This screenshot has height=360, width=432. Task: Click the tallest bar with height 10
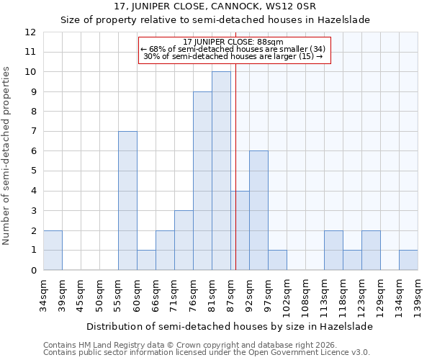(221, 171)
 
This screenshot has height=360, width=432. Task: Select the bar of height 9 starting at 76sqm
(202, 181)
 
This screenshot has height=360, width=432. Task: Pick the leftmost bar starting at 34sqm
(53, 250)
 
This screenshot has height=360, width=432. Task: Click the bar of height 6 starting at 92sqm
(258, 210)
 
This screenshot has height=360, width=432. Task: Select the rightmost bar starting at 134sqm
(408, 260)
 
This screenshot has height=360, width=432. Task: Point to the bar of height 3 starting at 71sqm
(184, 240)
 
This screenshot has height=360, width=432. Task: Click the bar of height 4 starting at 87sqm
(240, 230)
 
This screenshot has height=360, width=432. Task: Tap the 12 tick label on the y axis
(30, 32)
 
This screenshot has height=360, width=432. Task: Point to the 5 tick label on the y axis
(33, 171)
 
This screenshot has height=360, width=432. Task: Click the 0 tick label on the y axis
(33, 271)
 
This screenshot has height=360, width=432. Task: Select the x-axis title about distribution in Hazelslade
(230, 326)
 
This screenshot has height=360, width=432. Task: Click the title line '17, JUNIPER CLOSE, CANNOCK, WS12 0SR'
(216, 6)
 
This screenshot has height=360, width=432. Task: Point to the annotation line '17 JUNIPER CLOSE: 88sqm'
(233, 42)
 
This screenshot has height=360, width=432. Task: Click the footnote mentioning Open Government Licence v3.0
(207, 353)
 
